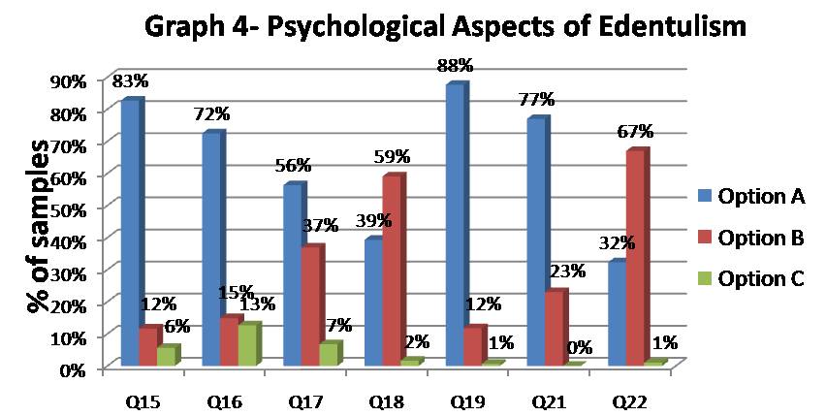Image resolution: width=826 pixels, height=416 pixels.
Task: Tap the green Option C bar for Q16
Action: click(247, 344)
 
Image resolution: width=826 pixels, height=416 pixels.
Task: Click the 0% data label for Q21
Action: click(580, 347)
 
